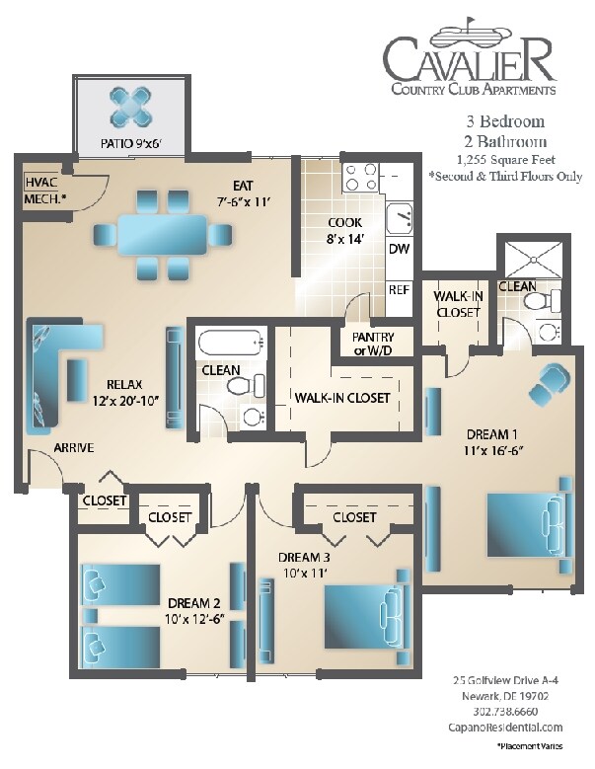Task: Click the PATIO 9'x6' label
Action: (x=130, y=143)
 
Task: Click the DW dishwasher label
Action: (x=399, y=249)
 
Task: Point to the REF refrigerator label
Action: (x=399, y=290)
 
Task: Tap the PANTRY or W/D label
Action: (x=366, y=345)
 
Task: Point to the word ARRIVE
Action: (x=74, y=448)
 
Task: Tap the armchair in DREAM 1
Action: (x=551, y=382)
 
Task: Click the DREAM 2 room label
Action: (x=193, y=611)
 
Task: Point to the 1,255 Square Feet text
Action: (x=506, y=159)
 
